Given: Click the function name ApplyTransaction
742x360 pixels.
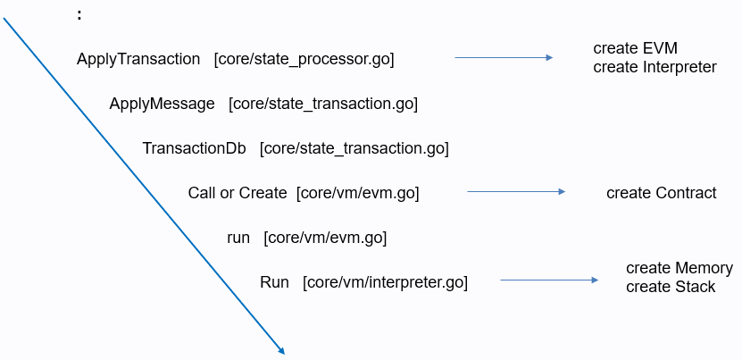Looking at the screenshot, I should (138, 59).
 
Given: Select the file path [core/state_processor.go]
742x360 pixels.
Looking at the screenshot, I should (304, 59).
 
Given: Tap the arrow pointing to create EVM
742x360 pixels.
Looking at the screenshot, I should (504, 57).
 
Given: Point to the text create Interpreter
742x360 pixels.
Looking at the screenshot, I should (654, 67).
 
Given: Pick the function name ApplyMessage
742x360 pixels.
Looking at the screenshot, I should (162, 104).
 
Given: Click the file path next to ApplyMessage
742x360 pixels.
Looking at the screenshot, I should (323, 104).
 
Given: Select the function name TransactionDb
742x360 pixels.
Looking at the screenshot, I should (194, 147).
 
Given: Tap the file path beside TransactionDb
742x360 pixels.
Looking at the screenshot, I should (354, 147).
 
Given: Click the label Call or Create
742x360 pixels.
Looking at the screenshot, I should (238, 193).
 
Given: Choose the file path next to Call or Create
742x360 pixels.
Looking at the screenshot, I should (358, 193).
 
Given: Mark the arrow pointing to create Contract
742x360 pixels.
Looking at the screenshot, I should (516, 191).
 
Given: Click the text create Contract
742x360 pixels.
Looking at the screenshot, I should (661, 193).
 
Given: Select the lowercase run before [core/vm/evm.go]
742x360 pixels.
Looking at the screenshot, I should (238, 238).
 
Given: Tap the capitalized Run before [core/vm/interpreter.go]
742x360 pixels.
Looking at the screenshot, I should (274, 282).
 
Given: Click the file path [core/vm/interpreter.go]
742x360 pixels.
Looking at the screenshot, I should (385, 282).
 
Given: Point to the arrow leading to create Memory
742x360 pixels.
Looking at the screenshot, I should (549, 280).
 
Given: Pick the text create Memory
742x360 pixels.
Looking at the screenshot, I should (679, 268).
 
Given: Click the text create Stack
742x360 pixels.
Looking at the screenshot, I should (671, 287).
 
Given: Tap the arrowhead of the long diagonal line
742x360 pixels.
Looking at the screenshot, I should (280, 351).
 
